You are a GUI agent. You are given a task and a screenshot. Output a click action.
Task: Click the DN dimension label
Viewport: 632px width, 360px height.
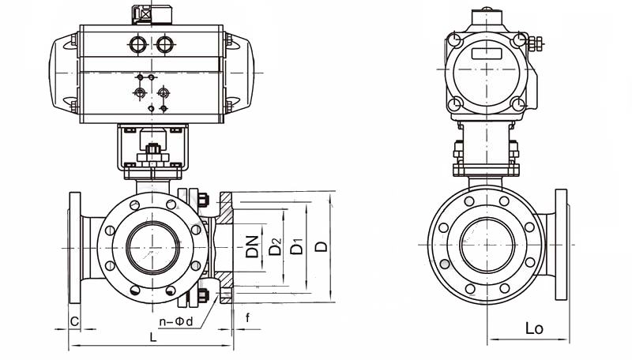tap(252, 247)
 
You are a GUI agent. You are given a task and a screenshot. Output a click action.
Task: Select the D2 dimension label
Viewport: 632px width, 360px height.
tap(275, 247)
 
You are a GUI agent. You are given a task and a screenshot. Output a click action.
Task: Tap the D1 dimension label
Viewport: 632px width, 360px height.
tap(297, 246)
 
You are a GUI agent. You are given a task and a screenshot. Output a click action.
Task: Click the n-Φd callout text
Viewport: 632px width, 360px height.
tap(175, 321)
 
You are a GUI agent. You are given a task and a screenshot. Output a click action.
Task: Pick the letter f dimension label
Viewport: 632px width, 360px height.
tap(247, 317)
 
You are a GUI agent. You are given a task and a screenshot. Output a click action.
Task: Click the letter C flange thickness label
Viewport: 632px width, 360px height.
tap(74, 321)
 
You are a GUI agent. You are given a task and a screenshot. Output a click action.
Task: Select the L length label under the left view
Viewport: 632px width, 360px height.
tap(152, 337)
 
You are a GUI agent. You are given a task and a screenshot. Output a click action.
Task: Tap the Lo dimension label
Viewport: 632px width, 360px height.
tap(534, 328)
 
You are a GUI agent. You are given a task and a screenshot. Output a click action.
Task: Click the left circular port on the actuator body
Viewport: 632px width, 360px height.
tap(137, 44)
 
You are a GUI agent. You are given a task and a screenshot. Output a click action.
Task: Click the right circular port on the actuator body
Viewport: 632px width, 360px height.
tap(164, 44)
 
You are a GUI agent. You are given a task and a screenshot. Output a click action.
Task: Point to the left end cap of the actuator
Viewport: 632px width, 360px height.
tap(64, 73)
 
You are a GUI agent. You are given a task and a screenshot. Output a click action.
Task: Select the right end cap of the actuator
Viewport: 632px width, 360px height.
tap(239, 73)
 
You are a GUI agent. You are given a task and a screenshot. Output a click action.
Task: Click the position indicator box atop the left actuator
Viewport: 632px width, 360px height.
tap(152, 14)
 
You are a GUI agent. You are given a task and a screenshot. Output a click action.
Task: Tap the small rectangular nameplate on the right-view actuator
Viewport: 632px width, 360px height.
tap(487, 53)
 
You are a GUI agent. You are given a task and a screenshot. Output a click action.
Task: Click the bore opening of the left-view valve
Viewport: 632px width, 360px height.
tap(153, 247)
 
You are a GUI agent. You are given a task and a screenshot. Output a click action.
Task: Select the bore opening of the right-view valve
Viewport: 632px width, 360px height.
tap(487, 245)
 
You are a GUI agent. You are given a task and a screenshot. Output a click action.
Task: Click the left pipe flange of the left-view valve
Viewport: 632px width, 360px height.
tap(75, 247)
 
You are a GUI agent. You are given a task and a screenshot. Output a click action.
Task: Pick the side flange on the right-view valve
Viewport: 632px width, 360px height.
tap(561, 245)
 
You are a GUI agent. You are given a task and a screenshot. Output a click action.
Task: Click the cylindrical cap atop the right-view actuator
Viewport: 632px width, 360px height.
tap(487, 17)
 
